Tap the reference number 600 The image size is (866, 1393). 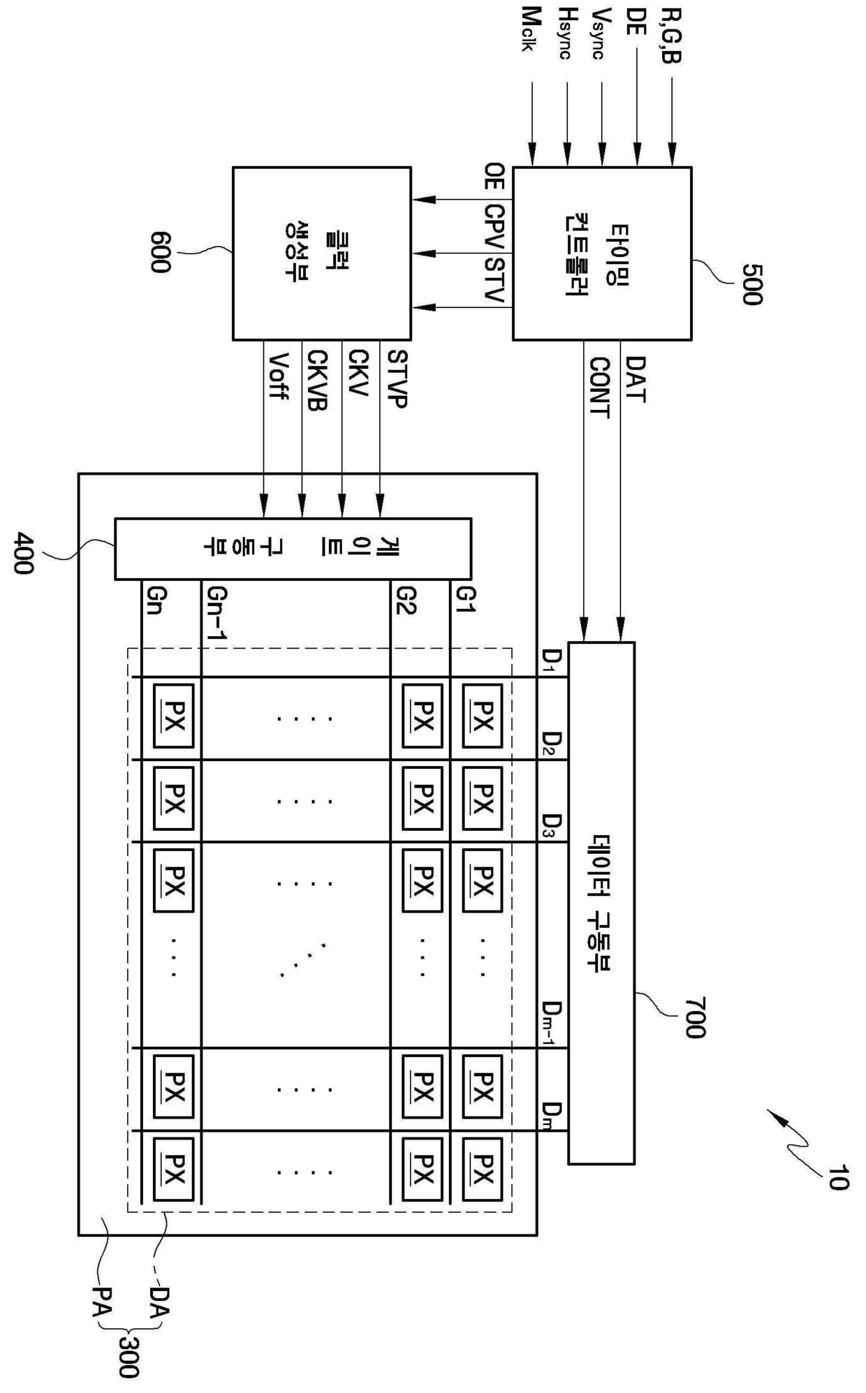coord(159,252)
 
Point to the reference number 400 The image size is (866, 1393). coord(22,553)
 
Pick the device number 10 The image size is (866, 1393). coord(837,1177)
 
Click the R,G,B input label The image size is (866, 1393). coord(670,36)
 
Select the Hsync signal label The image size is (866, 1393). coord(567,34)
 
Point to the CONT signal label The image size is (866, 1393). coord(599,388)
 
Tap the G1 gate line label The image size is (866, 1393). coord(465,600)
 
